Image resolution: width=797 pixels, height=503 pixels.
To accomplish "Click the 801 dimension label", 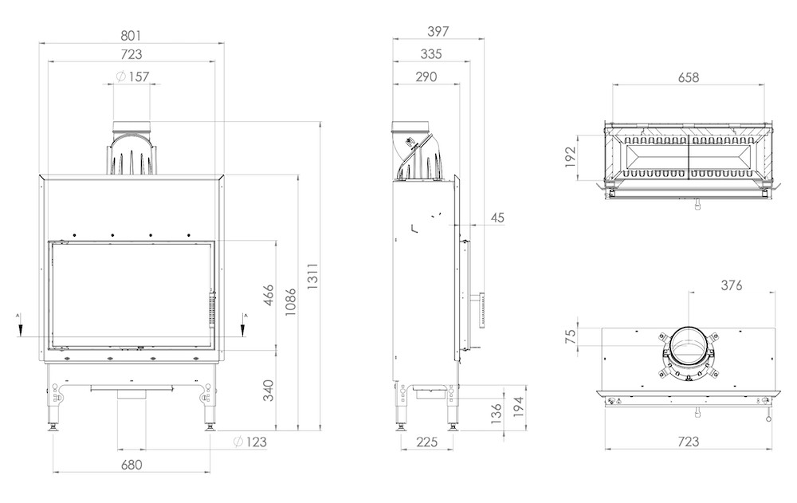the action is (x=131, y=36).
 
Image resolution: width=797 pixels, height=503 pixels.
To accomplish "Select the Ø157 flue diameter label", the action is (x=132, y=77).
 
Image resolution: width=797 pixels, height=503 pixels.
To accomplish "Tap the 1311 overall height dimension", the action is (x=312, y=276).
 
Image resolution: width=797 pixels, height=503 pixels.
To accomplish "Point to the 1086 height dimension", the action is (x=290, y=302).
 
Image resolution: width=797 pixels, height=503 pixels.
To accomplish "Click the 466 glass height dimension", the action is (x=268, y=295).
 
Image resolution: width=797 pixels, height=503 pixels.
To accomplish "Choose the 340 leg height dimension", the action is (x=268, y=390).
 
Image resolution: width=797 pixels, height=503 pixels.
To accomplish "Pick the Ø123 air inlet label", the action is (x=250, y=442).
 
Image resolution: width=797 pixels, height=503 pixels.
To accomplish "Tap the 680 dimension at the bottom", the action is (x=132, y=465).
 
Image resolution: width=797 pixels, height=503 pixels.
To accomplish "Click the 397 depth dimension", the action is (x=438, y=32).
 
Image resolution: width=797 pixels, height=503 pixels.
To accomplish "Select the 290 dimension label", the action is (x=426, y=77).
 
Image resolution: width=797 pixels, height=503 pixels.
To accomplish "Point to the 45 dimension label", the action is (x=497, y=218).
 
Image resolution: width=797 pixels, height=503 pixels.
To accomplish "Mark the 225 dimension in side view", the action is (x=426, y=442).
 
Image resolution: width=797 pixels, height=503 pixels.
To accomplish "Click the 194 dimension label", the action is (x=518, y=407).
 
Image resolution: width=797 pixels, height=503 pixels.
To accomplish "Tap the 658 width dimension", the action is (x=689, y=77).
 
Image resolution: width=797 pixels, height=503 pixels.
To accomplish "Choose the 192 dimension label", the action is (x=570, y=157).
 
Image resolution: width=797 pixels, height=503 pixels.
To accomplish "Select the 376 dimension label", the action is (x=732, y=285).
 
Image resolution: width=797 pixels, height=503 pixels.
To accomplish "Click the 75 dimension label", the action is (x=571, y=336).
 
